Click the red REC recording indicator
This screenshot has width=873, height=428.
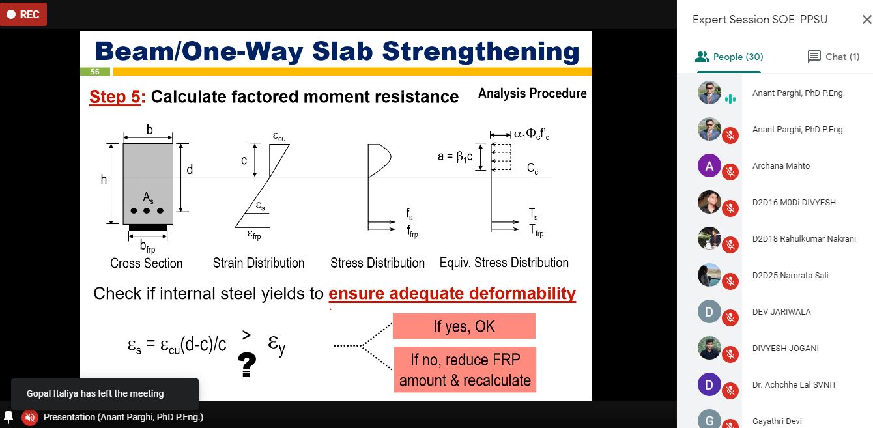[23, 14]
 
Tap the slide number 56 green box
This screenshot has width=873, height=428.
[95, 72]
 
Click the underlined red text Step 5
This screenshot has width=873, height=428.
[115, 96]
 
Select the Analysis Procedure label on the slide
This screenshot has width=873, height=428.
[532, 94]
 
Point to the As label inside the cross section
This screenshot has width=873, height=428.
[148, 197]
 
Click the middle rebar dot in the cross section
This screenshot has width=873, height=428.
[147, 211]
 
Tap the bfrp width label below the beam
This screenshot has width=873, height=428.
[148, 246]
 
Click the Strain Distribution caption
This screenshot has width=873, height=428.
[259, 263]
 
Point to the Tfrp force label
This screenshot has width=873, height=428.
[536, 231]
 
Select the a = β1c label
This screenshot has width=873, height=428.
[455, 157]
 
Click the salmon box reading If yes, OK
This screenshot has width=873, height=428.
[464, 326]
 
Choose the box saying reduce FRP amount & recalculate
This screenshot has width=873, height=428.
[465, 369]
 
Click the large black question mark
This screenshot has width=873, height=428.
[247, 364]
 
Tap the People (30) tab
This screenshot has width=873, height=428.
[729, 57]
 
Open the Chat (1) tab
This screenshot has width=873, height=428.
[833, 57]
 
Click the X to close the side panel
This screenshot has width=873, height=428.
[866, 20]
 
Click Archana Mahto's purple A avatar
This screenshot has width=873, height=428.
[709, 165]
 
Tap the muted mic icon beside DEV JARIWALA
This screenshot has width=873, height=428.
[730, 318]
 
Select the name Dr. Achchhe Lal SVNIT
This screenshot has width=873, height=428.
[794, 385]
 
